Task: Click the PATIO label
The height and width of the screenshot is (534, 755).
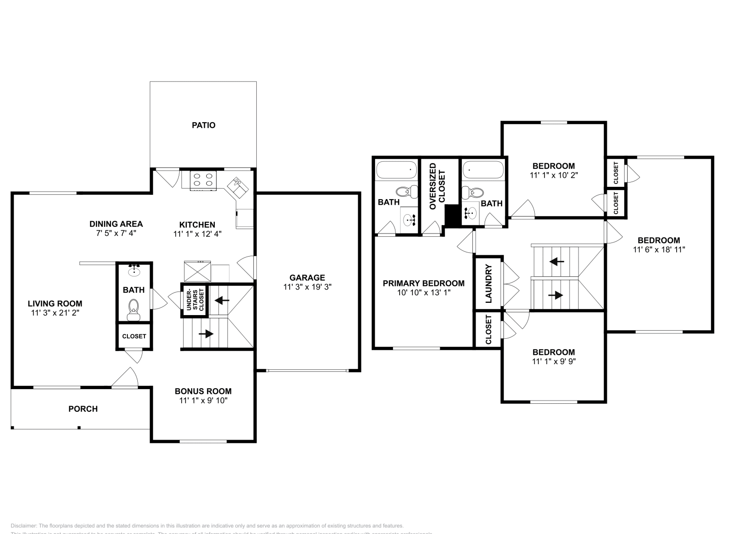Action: click(203, 125)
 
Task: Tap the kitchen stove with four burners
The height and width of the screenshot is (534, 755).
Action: click(203, 180)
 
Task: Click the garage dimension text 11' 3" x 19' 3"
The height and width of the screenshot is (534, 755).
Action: click(307, 287)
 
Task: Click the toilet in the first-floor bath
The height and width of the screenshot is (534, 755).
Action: click(134, 308)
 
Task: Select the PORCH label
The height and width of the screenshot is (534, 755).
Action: click(83, 409)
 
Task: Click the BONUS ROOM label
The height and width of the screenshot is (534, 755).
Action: click(203, 391)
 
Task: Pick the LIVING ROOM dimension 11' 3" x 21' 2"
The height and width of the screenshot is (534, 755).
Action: click(55, 312)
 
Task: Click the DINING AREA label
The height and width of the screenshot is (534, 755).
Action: click(116, 224)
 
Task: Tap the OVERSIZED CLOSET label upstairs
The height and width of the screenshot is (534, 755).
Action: click(437, 186)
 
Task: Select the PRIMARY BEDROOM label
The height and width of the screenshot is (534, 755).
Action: click(423, 283)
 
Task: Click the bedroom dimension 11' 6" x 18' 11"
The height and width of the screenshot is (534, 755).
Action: click(659, 250)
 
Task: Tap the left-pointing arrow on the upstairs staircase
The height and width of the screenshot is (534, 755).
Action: click(557, 261)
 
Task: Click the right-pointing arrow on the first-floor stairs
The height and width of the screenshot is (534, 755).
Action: click(206, 334)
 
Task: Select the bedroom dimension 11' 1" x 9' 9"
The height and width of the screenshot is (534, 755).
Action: click(554, 361)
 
